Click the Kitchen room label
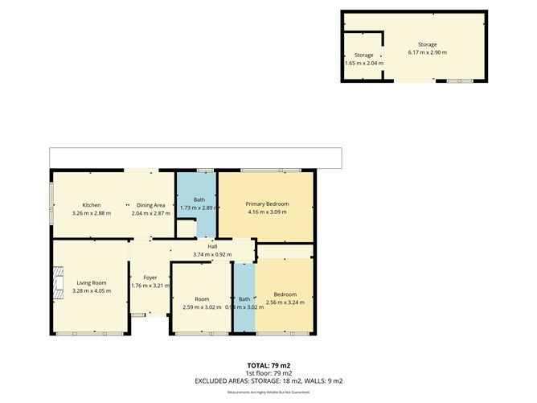point(90,204)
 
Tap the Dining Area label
point(150,204)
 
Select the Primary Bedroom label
point(267,204)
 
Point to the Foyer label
point(150,278)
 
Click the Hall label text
point(212,247)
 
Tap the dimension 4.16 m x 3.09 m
point(267,212)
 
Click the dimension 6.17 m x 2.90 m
point(426,52)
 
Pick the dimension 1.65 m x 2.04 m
point(364,63)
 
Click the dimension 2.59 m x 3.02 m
point(201,306)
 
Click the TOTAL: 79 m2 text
point(268,366)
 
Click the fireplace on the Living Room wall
point(56,283)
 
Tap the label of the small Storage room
point(364,55)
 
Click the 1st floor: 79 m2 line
point(268,373)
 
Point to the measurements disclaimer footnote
point(268,393)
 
